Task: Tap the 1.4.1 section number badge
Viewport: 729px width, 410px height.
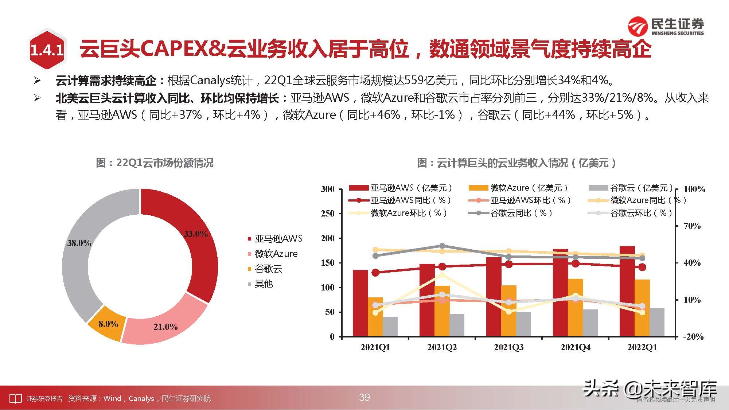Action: [x=47, y=50]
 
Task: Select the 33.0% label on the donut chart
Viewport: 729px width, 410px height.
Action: [x=196, y=234]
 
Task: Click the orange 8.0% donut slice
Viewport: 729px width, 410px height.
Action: [x=108, y=324]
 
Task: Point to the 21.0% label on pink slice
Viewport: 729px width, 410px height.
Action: [x=165, y=327]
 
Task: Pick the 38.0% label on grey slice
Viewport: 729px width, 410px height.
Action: [x=79, y=243]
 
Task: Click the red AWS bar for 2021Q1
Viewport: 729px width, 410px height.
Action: [x=360, y=303]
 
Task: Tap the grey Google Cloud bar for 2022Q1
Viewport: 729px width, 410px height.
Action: [x=657, y=322]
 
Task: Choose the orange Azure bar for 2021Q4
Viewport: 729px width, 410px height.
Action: [x=576, y=307]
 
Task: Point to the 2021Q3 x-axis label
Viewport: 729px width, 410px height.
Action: [x=508, y=347]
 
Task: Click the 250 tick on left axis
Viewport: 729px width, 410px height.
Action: [x=327, y=214]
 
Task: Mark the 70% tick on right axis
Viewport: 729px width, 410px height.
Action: [x=692, y=226]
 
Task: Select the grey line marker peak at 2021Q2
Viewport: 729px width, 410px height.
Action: [x=442, y=246]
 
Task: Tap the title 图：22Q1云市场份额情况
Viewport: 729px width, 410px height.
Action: [x=155, y=163]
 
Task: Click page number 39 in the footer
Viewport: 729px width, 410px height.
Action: [x=364, y=397]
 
